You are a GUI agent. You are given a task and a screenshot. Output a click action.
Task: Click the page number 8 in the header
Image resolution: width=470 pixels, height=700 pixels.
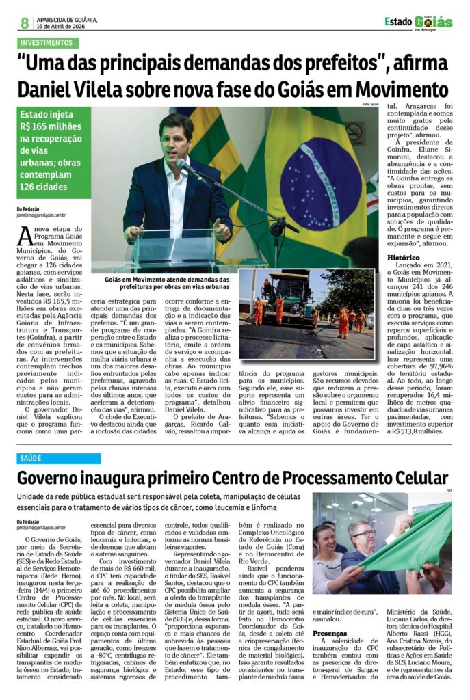pyautogui.click(x=25, y=23)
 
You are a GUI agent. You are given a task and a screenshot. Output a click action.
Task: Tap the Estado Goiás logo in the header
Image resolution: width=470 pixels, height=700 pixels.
pyautogui.click(x=418, y=23)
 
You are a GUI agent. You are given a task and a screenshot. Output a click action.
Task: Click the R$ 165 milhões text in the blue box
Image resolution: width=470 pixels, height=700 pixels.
pyautogui.click(x=51, y=126)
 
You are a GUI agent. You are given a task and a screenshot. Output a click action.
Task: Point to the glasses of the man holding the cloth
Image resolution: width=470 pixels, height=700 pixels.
pyautogui.click(x=363, y=533)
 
